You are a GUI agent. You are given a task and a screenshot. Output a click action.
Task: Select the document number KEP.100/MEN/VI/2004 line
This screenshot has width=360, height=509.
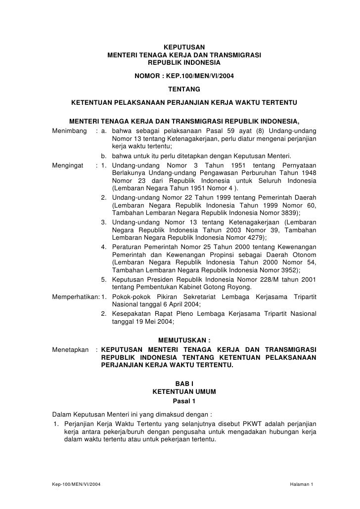[x=184, y=77]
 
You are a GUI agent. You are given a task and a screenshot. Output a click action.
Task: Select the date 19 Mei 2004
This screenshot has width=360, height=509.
[x=153, y=321]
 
